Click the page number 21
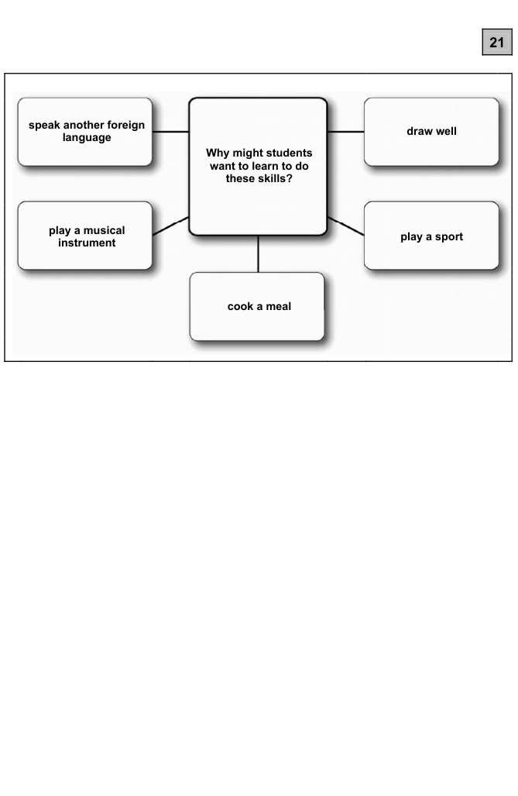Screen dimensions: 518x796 [496, 42]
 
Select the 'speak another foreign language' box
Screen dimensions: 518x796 [85, 132]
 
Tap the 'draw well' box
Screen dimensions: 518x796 [431, 132]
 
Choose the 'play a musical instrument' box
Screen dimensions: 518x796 [85, 236]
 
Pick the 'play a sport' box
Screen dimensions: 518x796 [431, 236]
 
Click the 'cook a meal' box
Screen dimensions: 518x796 [257, 307]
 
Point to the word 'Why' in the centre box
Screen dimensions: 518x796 [218, 153]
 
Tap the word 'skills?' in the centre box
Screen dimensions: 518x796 [274, 179]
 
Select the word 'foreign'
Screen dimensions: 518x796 [125, 125]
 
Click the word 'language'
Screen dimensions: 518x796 [87, 138]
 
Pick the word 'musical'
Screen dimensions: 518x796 [104, 230]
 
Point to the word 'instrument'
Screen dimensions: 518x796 [87, 243]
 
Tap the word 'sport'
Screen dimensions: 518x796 [449, 237]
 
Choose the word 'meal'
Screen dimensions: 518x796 [279, 306]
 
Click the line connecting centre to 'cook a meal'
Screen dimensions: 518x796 [259, 254]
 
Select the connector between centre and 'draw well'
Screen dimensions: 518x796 [345, 132]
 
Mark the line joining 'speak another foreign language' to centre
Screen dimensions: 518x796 [170, 132]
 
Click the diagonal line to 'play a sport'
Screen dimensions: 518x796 [345, 226]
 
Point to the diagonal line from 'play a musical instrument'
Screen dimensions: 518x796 [170, 226]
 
